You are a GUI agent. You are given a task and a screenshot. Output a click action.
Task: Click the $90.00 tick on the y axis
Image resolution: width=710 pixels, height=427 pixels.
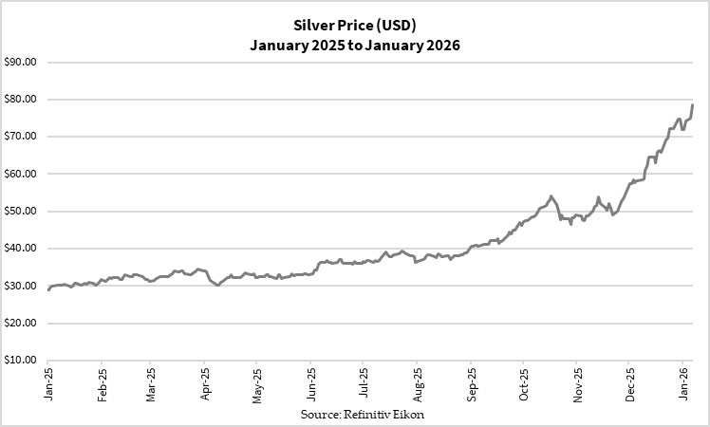tap(19, 63)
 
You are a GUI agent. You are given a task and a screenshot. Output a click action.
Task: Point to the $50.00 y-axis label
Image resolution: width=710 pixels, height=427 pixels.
tap(19, 212)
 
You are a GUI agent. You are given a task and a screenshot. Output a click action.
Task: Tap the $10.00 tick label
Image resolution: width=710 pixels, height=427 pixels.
tap(19, 361)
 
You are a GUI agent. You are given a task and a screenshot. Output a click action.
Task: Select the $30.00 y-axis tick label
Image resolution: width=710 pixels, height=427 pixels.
tap(19, 286)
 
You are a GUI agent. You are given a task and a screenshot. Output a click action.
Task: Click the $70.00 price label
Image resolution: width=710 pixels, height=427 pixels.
tap(19, 137)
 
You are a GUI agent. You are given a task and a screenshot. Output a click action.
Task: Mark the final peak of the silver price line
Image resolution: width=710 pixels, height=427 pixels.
tap(692, 104)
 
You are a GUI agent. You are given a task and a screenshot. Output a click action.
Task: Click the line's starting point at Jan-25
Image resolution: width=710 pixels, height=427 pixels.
tap(48, 289)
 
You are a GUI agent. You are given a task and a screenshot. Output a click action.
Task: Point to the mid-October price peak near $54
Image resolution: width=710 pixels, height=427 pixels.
tap(551, 196)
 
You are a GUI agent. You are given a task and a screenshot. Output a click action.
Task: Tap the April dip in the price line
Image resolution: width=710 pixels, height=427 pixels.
tap(217, 285)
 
